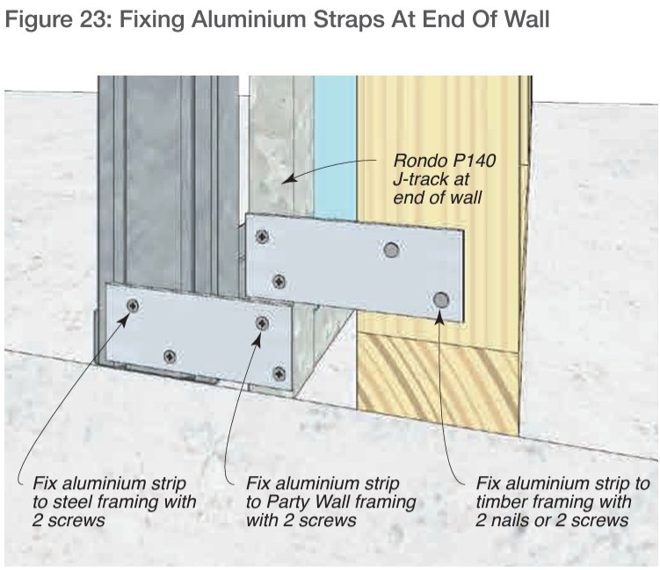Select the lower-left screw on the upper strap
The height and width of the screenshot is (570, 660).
click(279, 282)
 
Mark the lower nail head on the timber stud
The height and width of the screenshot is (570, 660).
click(442, 300)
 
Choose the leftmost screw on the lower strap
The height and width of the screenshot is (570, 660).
click(133, 306)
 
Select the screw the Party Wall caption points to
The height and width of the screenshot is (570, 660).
click(262, 324)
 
